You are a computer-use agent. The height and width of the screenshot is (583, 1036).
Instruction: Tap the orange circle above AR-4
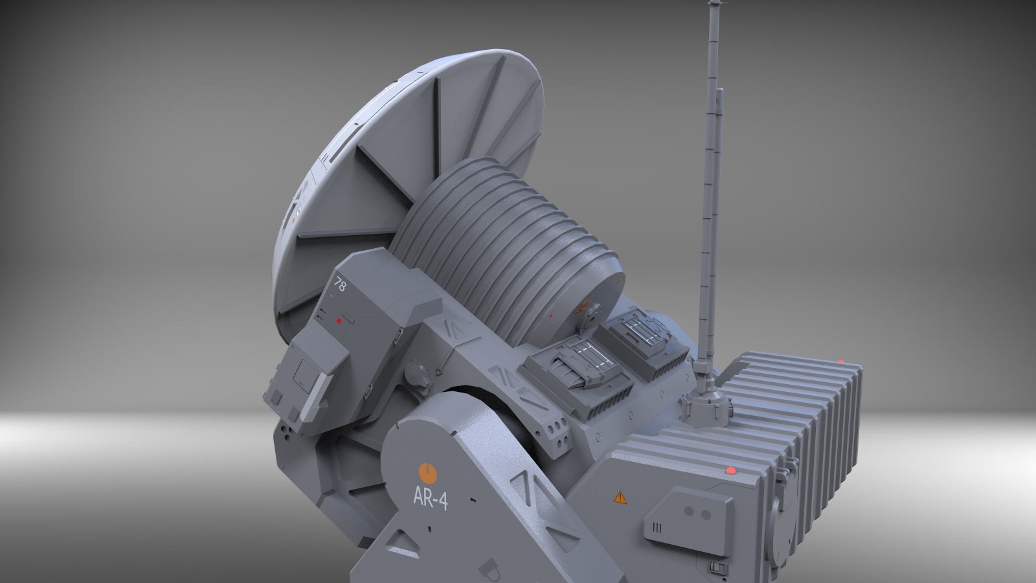pyautogui.click(x=426, y=472)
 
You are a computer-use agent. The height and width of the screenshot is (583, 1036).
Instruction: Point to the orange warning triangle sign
pyautogui.click(x=620, y=497)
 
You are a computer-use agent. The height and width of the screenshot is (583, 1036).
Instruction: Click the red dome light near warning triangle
pyautogui.click(x=731, y=470)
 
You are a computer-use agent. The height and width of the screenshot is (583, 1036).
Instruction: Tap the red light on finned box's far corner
pyautogui.click(x=841, y=361)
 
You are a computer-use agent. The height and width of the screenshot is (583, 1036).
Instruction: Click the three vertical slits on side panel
pyautogui.click(x=657, y=528)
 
